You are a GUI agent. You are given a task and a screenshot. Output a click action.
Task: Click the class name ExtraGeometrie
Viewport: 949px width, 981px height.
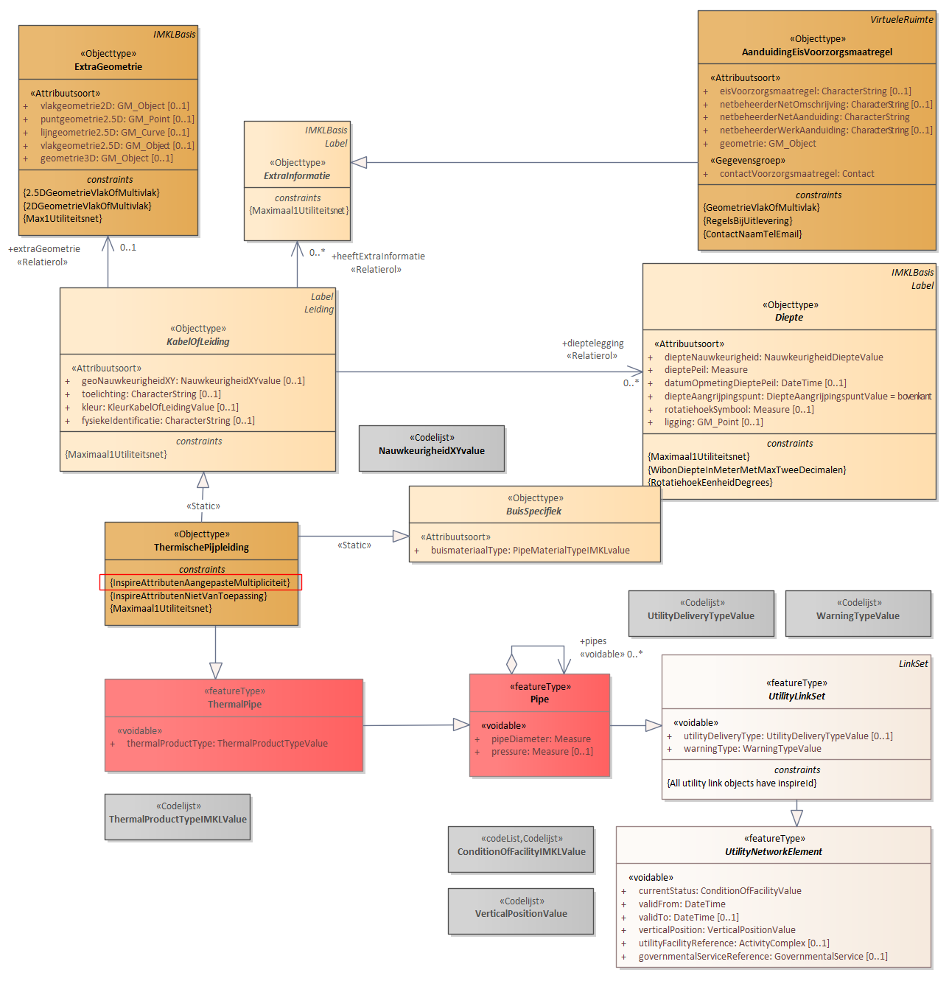[108, 66]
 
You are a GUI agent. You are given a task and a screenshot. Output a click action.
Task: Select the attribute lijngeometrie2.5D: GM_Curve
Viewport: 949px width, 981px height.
[114, 132]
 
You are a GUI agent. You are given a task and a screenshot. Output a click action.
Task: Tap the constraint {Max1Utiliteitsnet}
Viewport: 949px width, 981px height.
[63, 218]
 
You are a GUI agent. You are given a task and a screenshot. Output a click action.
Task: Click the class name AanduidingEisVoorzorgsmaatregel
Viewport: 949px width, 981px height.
[816, 52]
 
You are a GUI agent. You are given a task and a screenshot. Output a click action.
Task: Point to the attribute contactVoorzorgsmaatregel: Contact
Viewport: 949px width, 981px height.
[796, 173]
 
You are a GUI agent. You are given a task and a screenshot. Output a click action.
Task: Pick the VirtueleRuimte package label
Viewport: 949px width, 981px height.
[901, 20]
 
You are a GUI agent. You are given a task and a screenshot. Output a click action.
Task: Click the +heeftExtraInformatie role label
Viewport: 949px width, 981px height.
[377, 256]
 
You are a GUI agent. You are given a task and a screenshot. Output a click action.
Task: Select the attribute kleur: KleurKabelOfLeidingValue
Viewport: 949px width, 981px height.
[160, 407]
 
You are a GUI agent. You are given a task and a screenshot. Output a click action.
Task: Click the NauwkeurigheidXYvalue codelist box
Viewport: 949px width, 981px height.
[432, 448]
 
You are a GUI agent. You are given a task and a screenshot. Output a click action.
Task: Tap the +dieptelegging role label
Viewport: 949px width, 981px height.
[592, 343]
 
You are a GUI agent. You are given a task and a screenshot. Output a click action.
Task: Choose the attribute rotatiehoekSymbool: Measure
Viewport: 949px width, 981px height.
[738, 409]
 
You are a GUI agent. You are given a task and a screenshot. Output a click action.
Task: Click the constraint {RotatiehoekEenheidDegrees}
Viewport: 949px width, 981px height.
[710, 482]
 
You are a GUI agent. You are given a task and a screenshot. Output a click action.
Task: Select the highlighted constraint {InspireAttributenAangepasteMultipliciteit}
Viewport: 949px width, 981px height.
[200, 582]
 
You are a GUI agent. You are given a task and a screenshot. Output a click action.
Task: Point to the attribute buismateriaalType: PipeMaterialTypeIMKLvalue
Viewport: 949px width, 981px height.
[530, 550]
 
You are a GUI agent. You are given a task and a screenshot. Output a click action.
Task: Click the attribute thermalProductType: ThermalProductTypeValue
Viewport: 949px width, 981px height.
[227, 743]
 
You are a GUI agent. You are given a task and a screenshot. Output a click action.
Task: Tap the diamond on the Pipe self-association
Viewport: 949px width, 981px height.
[511, 664]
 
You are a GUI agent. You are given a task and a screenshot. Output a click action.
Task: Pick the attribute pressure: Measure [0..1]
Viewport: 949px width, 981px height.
[542, 751]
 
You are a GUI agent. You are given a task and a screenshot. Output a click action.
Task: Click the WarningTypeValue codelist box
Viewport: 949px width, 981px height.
[858, 613]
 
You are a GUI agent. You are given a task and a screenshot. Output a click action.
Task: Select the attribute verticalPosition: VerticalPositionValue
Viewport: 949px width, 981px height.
[717, 929]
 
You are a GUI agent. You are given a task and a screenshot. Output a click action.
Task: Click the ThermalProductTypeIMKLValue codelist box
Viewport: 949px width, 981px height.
[178, 817]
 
